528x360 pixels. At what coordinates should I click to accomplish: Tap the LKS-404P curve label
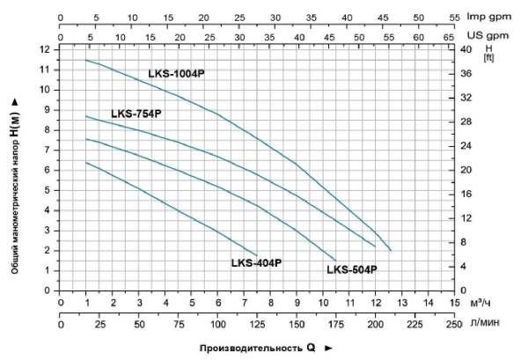click(256, 262)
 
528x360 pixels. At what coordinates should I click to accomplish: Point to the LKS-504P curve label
click(352, 269)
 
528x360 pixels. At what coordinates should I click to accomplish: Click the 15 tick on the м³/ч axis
click(454, 304)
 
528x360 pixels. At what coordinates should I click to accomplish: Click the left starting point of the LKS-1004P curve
click(86, 60)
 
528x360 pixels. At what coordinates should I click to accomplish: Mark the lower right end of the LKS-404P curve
click(257, 255)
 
